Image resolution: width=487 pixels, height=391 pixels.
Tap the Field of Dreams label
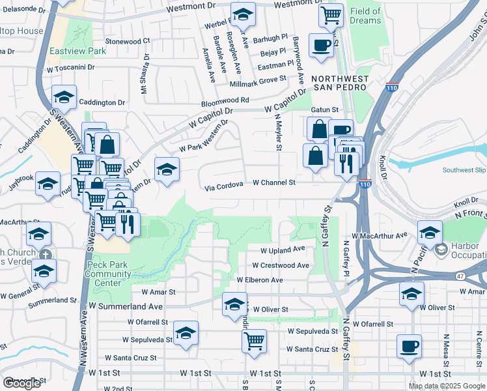coord(365,16)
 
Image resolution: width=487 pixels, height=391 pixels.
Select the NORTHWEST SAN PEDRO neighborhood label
coord(340,84)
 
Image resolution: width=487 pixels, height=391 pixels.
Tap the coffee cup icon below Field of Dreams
coord(321,46)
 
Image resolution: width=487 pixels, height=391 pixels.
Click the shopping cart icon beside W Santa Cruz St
coord(254,340)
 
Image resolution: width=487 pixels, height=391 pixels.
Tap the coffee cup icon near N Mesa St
coord(409,346)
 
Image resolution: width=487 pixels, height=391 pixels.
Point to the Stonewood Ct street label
coord(128,40)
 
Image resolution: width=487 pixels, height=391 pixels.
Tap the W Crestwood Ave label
coord(281,265)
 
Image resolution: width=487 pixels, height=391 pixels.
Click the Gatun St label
coord(325,110)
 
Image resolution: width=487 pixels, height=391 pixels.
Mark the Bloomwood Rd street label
coord(225,100)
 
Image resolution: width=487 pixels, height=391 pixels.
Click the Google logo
coord(22,383)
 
